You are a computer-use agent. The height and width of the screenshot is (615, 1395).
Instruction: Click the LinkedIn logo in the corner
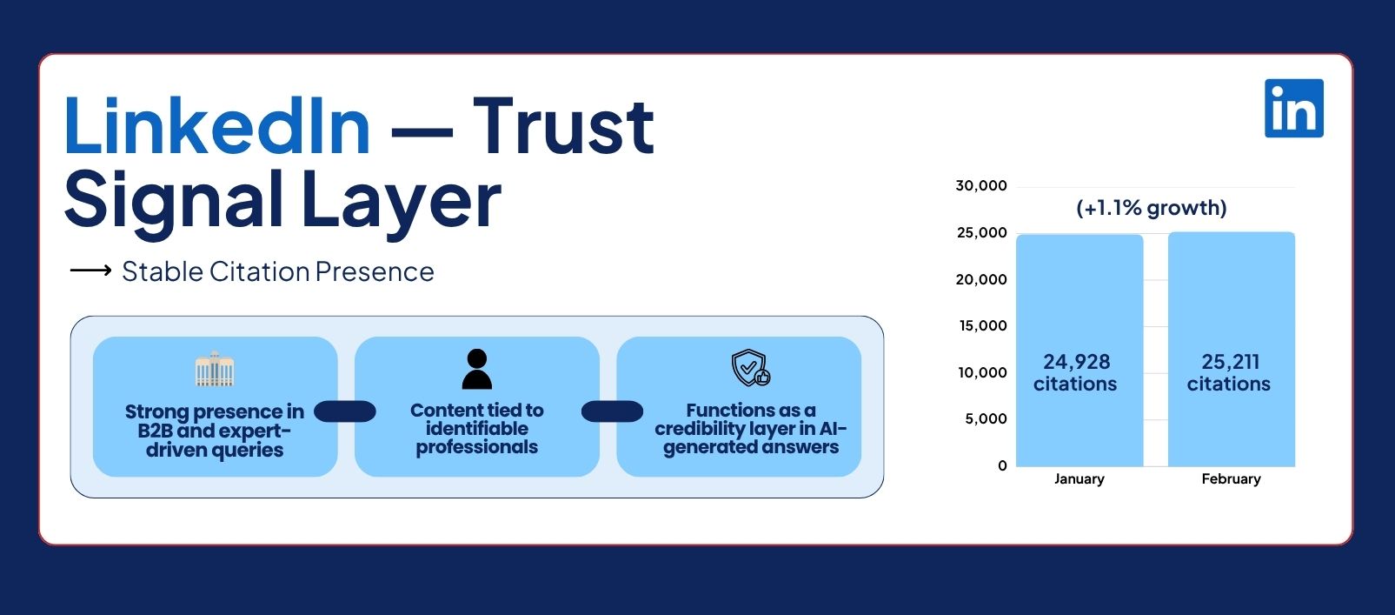point(1293,108)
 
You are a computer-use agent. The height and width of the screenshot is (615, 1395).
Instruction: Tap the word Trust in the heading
point(563,126)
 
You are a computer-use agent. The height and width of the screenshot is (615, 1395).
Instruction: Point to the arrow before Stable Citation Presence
point(91,270)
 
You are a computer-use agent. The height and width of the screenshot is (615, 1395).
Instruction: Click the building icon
point(214,368)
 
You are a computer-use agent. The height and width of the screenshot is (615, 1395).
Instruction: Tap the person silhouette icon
point(477,369)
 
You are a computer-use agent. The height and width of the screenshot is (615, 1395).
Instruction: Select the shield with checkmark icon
point(750,368)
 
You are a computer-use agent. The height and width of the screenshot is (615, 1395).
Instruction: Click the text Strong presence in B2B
point(215,421)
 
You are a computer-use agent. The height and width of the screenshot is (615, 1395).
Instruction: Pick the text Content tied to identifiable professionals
point(477,429)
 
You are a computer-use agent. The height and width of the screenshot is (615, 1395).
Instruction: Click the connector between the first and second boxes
point(345,411)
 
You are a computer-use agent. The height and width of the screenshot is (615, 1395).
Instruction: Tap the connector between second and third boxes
point(612,411)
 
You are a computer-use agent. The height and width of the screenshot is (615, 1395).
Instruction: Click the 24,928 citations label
point(1075,372)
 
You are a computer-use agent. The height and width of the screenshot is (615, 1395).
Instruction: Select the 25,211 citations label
point(1229,372)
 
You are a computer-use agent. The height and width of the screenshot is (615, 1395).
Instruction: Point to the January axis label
point(1079,478)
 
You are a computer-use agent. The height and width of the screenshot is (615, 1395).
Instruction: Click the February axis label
point(1232,478)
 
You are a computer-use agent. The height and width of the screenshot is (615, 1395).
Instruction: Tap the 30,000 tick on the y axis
point(981,185)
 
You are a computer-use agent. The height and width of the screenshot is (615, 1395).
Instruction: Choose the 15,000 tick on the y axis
point(983,325)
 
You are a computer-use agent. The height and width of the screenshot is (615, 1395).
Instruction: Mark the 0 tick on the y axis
point(1003,465)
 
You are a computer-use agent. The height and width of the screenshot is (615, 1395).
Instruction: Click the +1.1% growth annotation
point(1152,208)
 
